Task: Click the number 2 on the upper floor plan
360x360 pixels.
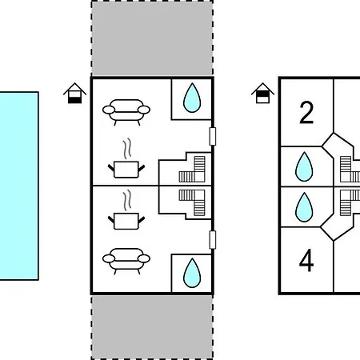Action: coord(306,113)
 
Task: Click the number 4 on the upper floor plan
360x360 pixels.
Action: coord(306,260)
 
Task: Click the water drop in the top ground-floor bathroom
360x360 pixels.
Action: coord(192,98)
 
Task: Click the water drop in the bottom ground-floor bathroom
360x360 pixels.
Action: coord(192,273)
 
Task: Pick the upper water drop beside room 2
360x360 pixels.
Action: coord(304,166)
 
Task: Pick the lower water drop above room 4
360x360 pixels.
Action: coord(304,207)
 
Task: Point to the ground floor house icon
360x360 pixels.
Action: coord(74,93)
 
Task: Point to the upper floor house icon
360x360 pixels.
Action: coord(262,93)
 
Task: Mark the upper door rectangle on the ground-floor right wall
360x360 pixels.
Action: coord(213,137)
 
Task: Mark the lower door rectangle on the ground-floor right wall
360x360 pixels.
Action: coord(213,240)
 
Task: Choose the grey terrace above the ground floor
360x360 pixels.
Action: coord(152,38)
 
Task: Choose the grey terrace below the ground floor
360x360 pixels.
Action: coord(152,327)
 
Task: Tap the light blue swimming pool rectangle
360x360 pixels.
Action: coord(19,186)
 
